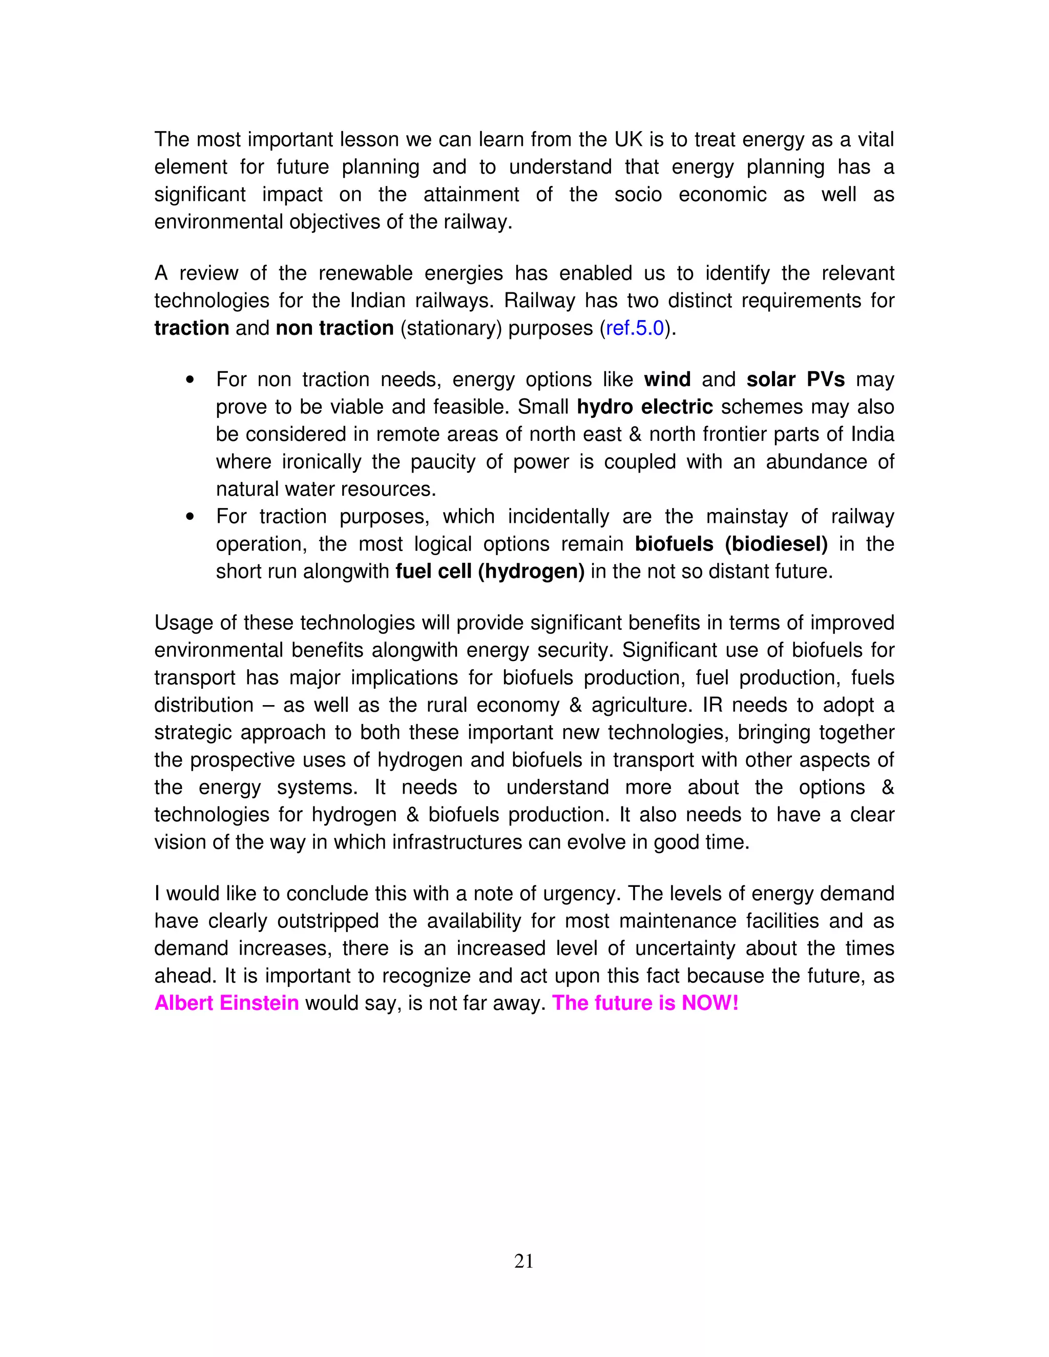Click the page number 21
tap(524, 1261)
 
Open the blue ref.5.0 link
tap(635, 328)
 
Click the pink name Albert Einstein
tap(227, 1003)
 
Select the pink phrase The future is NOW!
tap(645, 1003)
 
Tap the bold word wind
tap(667, 379)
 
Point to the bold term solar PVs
tap(795, 379)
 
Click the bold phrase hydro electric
tap(644, 407)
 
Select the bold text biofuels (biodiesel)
tap(731, 544)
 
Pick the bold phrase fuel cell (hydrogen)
tap(490, 571)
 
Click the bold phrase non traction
tap(334, 328)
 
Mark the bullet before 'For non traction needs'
tap(190, 379)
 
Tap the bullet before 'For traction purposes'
tap(190, 516)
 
